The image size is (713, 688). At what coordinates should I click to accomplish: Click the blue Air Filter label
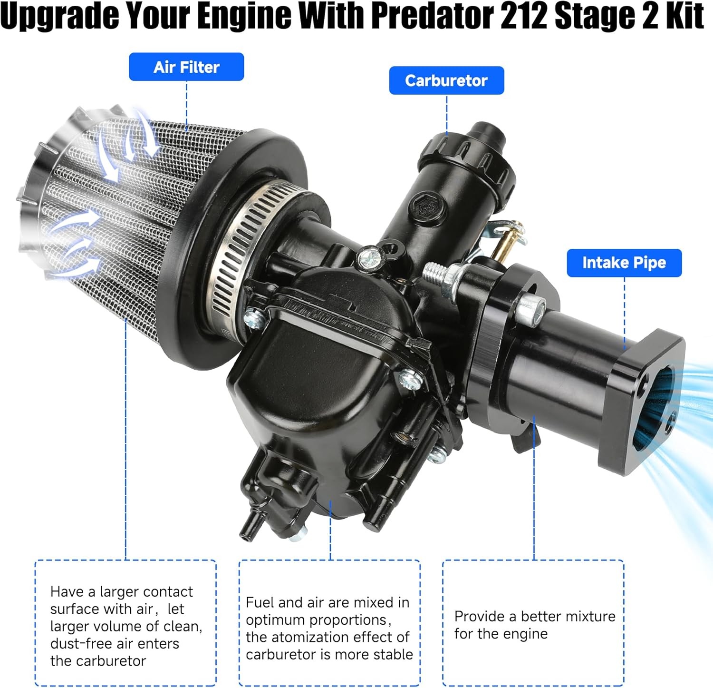pyautogui.click(x=186, y=67)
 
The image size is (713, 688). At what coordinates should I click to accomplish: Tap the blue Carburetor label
pyautogui.click(x=446, y=81)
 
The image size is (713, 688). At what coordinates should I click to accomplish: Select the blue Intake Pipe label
pyautogui.click(x=624, y=263)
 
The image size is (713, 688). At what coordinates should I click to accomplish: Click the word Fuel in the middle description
pyautogui.click(x=260, y=603)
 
